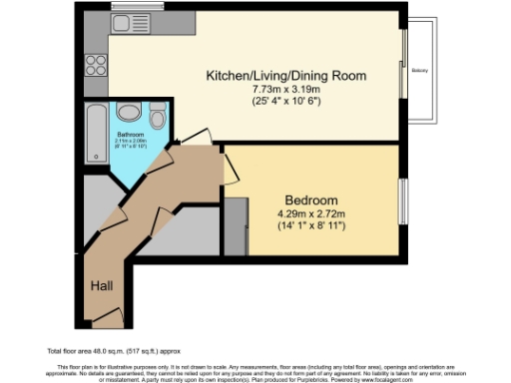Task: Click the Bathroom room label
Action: [130, 134]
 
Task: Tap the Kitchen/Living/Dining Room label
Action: [285, 76]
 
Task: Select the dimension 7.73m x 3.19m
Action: [285, 90]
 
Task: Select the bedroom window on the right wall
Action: [403, 199]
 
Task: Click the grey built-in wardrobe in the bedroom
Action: [237, 225]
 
